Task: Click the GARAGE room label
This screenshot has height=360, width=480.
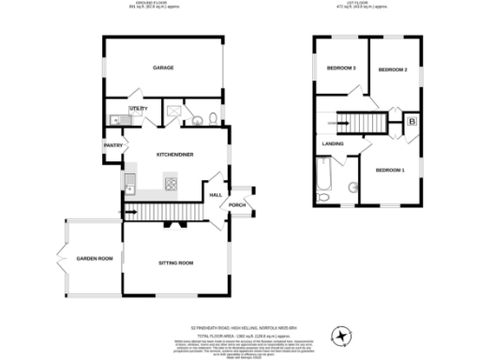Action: tap(165, 67)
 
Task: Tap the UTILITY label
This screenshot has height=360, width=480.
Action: tap(139, 109)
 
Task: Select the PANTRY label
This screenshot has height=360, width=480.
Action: tap(112, 144)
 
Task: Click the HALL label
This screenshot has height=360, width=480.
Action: tap(215, 194)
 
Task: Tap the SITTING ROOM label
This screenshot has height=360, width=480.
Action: tap(174, 263)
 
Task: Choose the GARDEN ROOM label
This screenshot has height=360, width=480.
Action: tap(94, 258)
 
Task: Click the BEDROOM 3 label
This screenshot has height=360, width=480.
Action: tap(341, 68)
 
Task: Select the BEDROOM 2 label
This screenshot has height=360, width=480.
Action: tap(392, 71)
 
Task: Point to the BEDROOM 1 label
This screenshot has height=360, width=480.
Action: tap(389, 170)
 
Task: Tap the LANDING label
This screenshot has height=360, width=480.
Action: tap(333, 143)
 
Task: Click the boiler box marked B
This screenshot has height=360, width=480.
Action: tap(412, 121)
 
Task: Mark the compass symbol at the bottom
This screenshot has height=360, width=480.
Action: tap(341, 335)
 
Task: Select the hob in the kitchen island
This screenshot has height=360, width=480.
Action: tap(172, 184)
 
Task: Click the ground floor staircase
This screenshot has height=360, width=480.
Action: tap(163, 212)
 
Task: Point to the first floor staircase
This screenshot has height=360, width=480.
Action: tap(362, 123)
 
